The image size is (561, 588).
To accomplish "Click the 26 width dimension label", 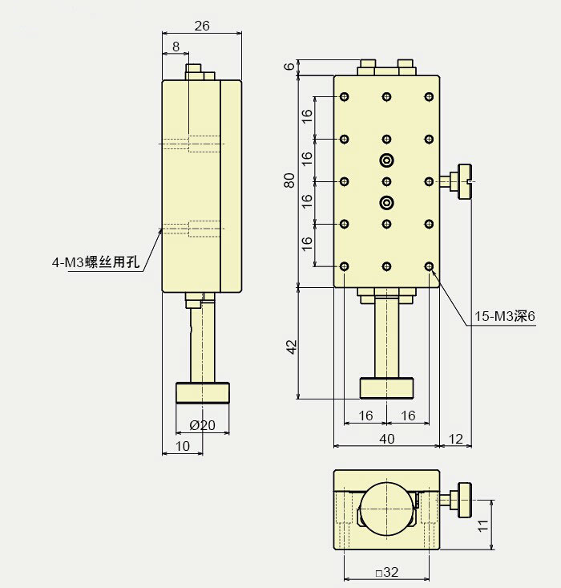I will point(202,26).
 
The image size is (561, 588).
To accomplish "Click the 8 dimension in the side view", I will point(176,47).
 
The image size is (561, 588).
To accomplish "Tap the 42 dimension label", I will point(292,346).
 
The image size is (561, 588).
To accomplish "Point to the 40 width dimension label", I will point(386,438).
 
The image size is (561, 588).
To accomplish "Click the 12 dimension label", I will point(457,438).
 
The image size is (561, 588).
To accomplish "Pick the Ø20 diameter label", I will point(202,425).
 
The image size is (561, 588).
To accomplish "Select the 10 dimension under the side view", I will point(182,446).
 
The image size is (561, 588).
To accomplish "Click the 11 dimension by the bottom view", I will point(482,525).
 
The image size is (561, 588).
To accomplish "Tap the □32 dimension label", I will point(386,573).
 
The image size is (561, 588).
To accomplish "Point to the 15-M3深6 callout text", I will point(504,318).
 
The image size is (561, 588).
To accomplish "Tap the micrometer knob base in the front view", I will point(387,388).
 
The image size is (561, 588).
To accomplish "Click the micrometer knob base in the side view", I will point(202,393).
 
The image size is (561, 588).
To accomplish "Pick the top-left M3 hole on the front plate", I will point(345,98).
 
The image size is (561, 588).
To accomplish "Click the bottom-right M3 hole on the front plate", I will point(429,266).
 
